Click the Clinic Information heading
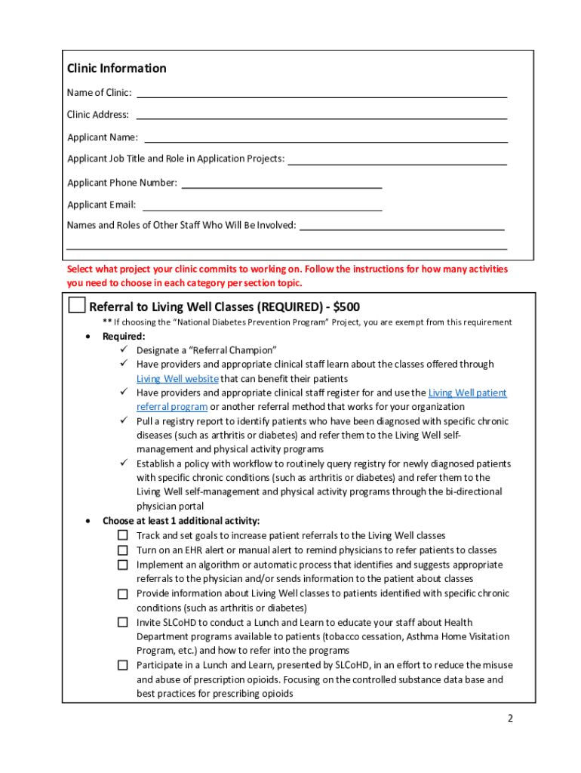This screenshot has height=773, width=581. [x=117, y=69]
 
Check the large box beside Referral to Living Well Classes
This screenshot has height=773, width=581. [x=76, y=305]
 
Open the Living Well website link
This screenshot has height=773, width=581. [x=178, y=379]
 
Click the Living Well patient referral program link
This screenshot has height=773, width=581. [x=467, y=393]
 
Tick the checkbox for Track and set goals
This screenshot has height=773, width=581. [x=122, y=535]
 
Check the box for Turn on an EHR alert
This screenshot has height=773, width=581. [x=122, y=550]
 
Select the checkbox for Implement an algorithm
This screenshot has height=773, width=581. [x=122, y=565]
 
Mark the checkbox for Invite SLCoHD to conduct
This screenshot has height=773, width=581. [x=122, y=623]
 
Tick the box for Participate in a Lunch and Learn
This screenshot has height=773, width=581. [x=122, y=665]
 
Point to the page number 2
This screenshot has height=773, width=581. [x=510, y=718]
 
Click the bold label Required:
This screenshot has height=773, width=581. [x=124, y=337]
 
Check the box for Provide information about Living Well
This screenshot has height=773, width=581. [x=122, y=594]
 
